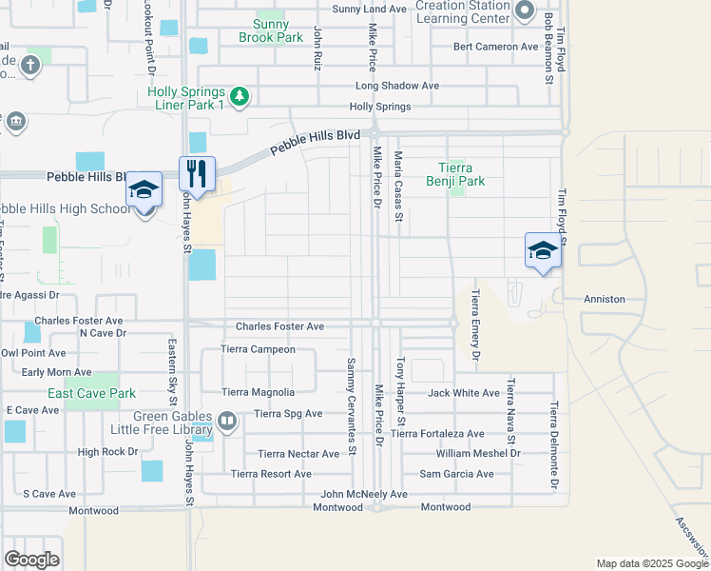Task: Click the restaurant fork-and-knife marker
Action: pyautogui.click(x=197, y=173)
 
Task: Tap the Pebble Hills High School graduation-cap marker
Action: pyautogui.click(x=144, y=189)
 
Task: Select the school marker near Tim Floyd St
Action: pyautogui.click(x=542, y=250)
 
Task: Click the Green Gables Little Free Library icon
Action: pyautogui.click(x=227, y=420)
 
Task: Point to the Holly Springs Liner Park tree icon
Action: pyautogui.click(x=240, y=95)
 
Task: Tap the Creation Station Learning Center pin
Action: pyautogui.click(x=524, y=10)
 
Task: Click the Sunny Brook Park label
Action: pyautogui.click(x=279, y=30)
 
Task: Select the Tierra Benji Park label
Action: pyautogui.click(x=461, y=173)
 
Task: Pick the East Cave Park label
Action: pyautogui.click(x=92, y=393)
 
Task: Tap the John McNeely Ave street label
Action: pyautogui.click(x=363, y=494)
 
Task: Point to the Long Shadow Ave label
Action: pyautogui.click(x=396, y=85)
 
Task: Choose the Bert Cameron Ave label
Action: pyautogui.click(x=496, y=46)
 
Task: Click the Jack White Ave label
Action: pyautogui.click(x=463, y=393)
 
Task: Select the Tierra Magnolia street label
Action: pyautogui.click(x=258, y=392)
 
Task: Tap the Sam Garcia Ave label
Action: pyautogui.click(x=456, y=474)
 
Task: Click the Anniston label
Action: pyautogui.click(x=604, y=299)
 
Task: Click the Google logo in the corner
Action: pyautogui.click(x=31, y=560)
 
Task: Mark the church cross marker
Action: pyautogui.click(x=29, y=66)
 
